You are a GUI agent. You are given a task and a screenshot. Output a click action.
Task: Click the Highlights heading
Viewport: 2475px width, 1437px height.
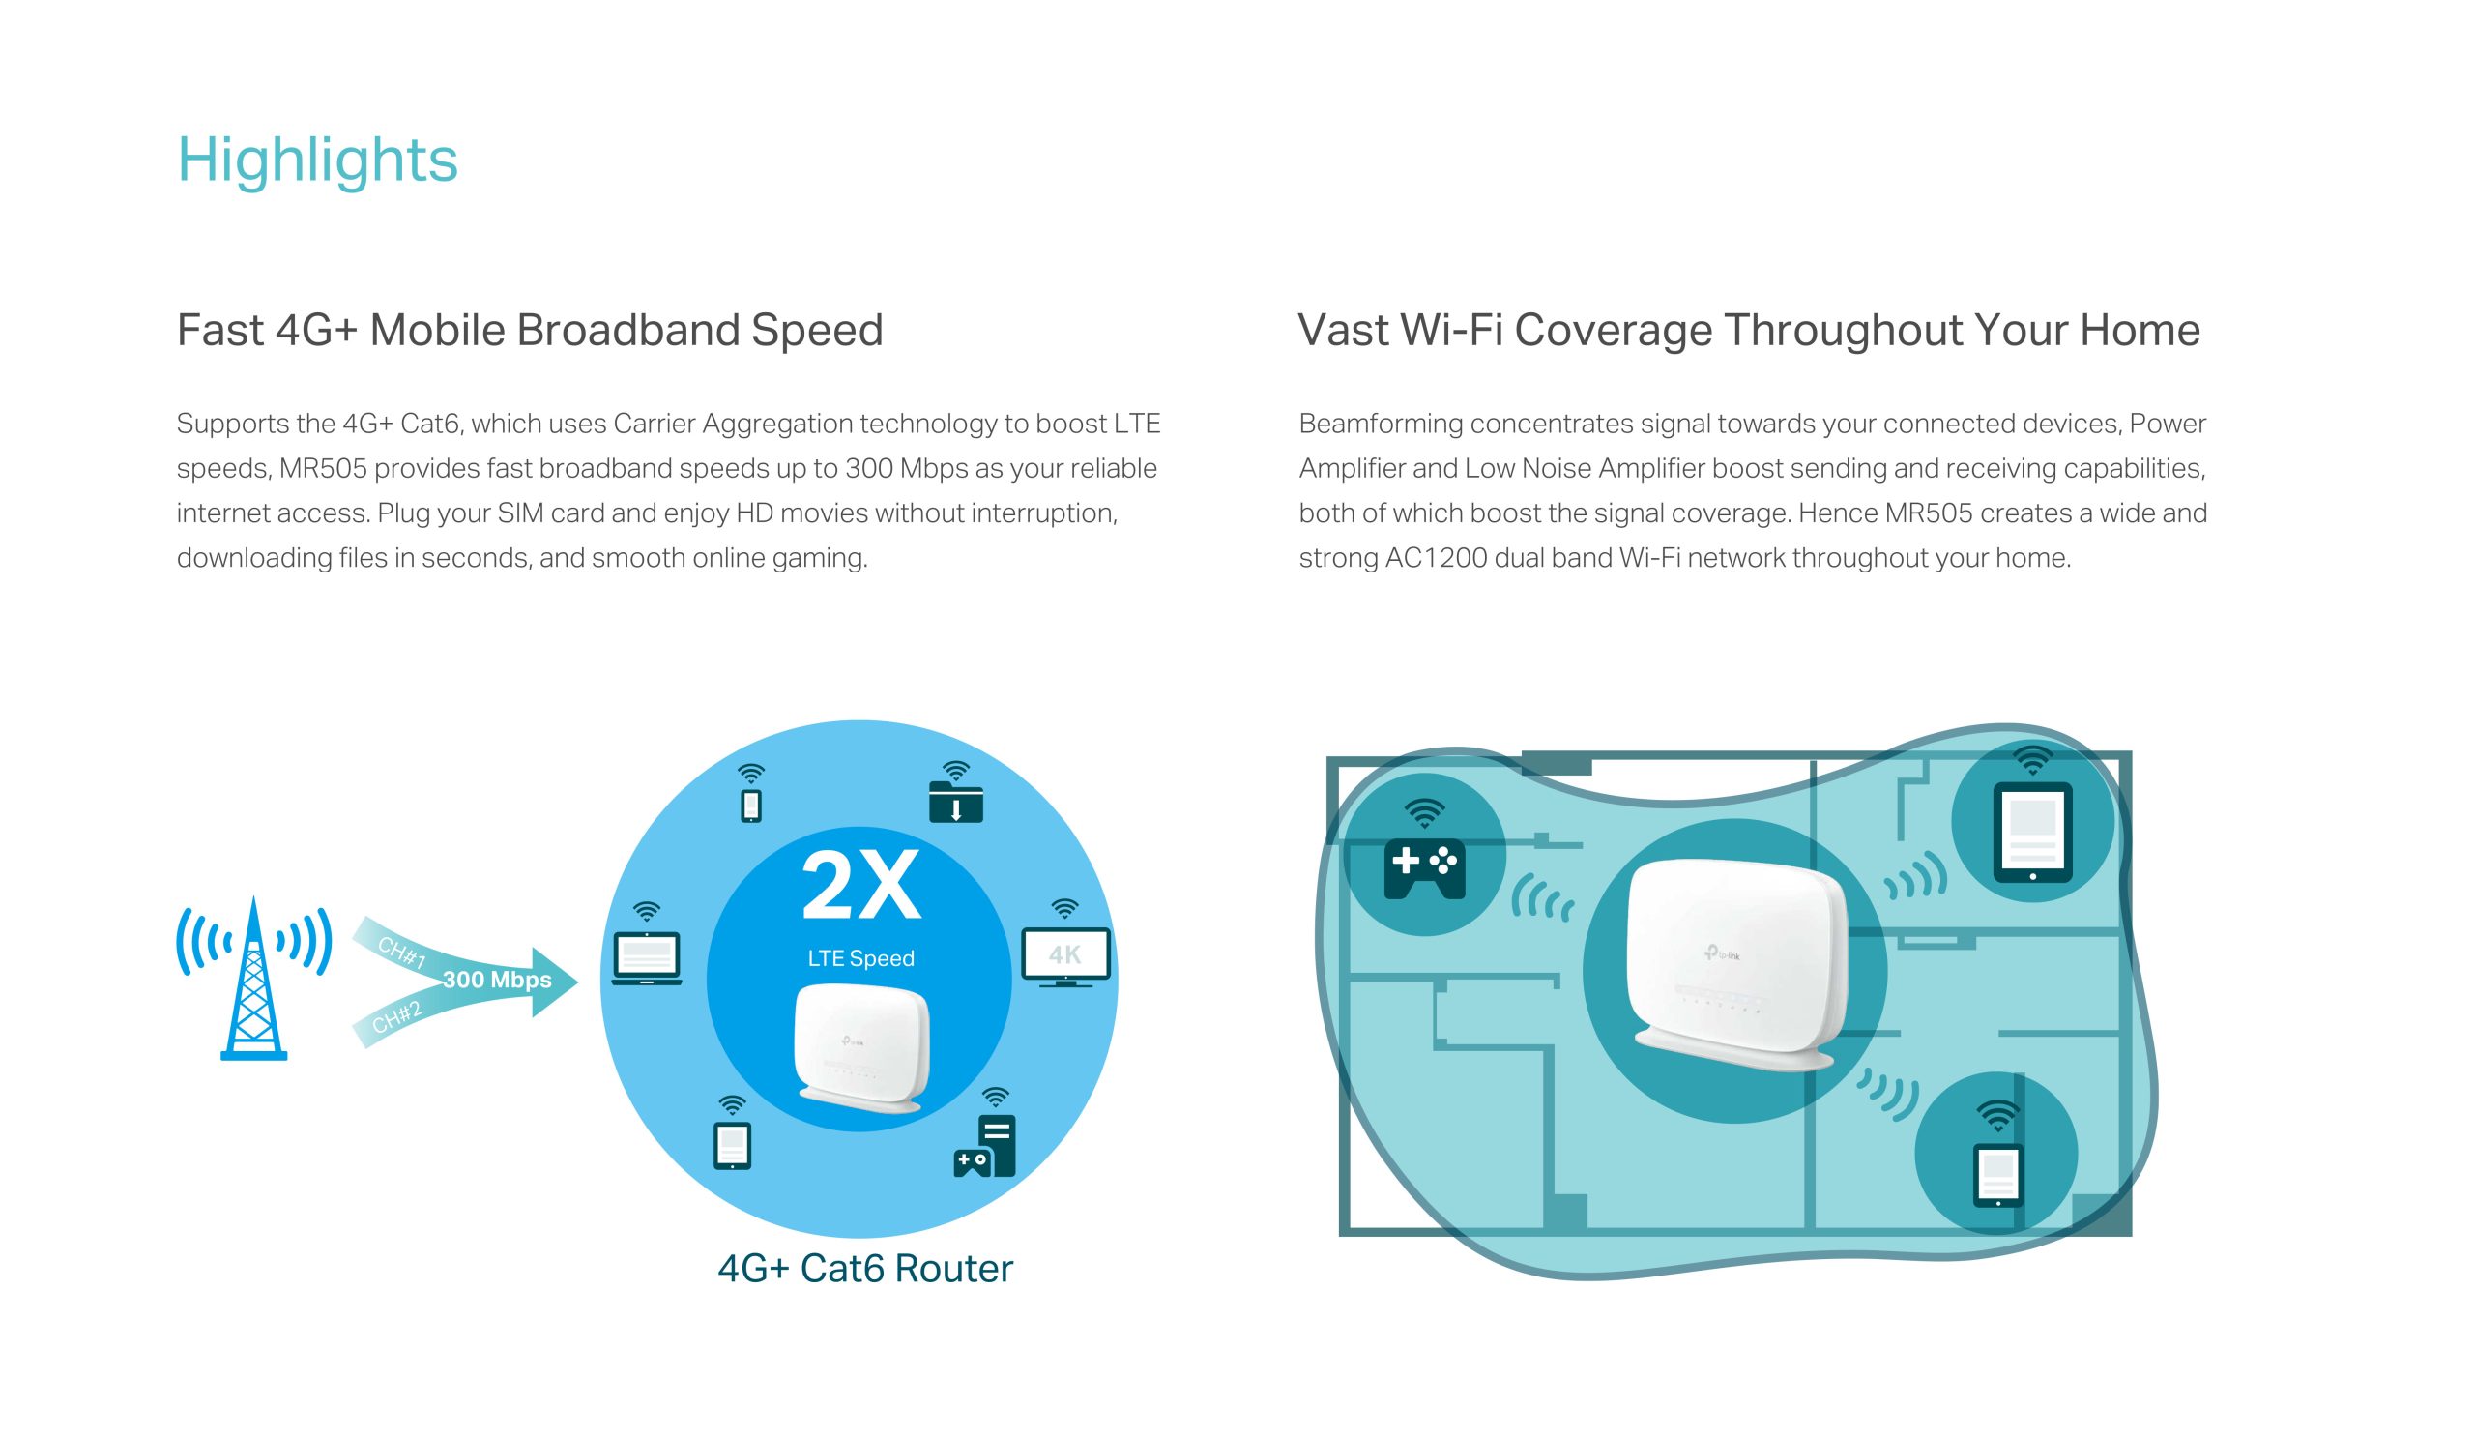(317, 161)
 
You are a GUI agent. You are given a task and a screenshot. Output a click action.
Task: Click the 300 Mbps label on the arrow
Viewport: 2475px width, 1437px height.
(497, 980)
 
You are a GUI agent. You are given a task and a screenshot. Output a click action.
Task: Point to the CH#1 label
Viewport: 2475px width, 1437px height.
(400, 953)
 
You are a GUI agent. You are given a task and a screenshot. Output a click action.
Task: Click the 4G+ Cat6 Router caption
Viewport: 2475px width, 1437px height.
(865, 1268)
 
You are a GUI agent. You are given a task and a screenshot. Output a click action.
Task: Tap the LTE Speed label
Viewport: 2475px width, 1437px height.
(860, 958)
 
